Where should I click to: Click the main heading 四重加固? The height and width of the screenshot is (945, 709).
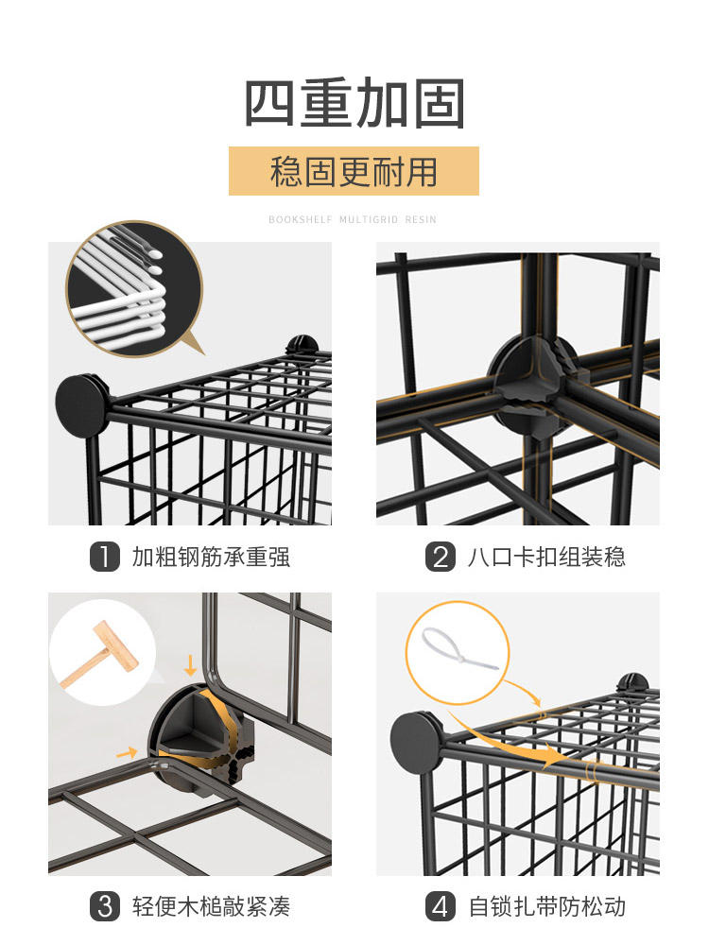pos(354,103)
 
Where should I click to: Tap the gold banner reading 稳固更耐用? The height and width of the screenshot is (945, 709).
pos(354,171)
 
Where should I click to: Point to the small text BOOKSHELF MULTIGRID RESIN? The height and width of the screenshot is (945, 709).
pos(353,219)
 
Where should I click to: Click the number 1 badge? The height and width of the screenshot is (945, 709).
pos(105,557)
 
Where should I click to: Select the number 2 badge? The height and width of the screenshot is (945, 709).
pos(441,557)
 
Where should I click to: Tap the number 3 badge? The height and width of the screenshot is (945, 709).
pos(105,906)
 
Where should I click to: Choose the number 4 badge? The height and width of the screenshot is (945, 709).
pos(441,906)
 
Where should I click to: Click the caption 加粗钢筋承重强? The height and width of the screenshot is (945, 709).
pos(211,557)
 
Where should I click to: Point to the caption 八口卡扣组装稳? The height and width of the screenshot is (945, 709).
pos(546,557)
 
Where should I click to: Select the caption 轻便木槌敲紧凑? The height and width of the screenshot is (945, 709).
pos(211,906)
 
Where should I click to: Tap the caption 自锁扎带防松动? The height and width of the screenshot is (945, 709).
pos(546,906)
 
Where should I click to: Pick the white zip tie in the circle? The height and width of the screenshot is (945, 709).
pos(458,649)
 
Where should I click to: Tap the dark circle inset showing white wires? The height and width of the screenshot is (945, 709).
pos(134,288)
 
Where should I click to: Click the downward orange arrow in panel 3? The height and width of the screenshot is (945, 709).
pos(190,665)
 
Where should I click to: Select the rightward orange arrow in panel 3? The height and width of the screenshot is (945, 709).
pos(127,753)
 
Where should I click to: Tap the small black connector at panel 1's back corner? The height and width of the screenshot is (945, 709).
pos(303,345)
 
